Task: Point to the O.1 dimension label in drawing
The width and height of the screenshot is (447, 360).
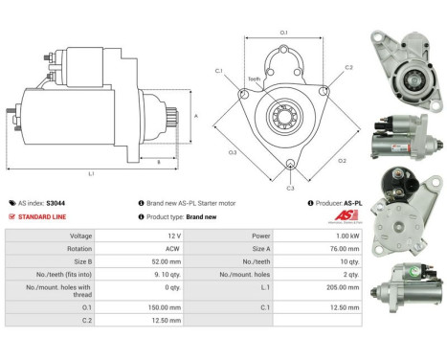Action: pos(284,34)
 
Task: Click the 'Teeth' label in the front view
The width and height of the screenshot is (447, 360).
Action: pos(254,79)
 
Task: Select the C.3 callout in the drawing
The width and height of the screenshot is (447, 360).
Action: pos(290,188)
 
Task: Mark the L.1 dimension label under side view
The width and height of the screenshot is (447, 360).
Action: pos(91,173)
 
